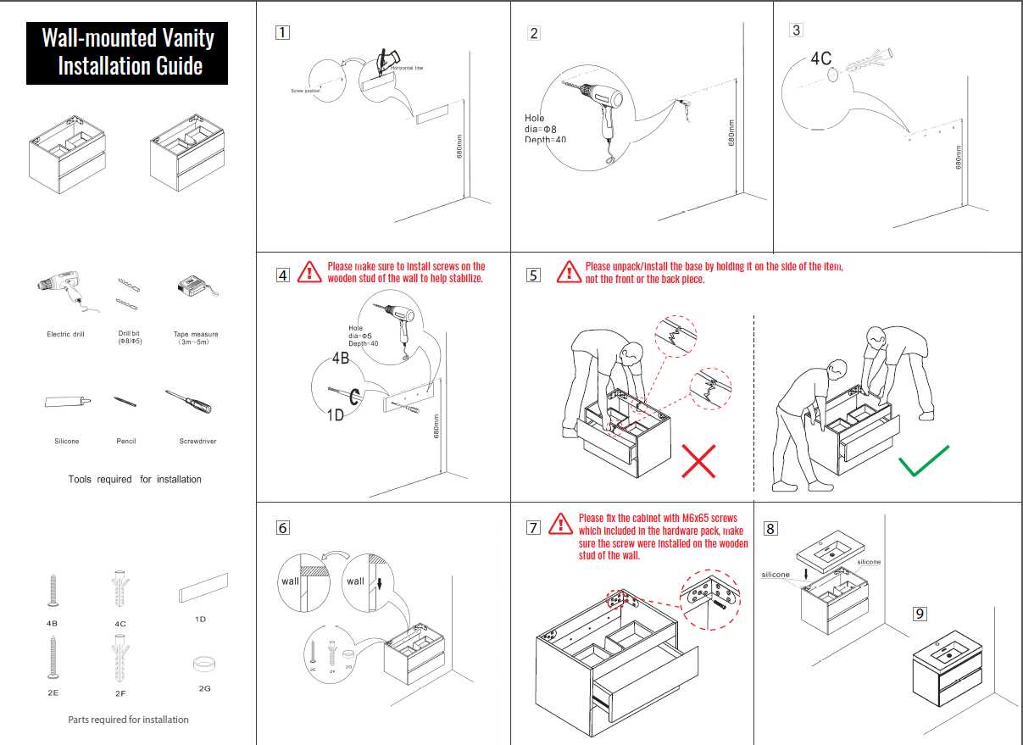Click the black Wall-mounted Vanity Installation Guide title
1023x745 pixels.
click(127, 53)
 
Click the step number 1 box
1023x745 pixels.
click(283, 33)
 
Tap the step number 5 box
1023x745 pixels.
click(533, 275)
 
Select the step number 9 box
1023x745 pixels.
click(920, 614)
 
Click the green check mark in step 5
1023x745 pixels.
click(924, 461)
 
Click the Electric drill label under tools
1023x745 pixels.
click(65, 335)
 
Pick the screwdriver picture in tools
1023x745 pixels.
click(188, 402)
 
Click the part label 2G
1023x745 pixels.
click(204, 688)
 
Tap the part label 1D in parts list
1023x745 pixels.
click(201, 620)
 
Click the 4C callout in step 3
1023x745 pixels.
click(821, 58)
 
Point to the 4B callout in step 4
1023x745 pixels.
click(341, 359)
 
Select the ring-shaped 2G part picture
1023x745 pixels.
click(203, 663)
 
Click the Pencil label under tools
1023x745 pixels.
click(126, 442)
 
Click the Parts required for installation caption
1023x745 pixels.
click(128, 720)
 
